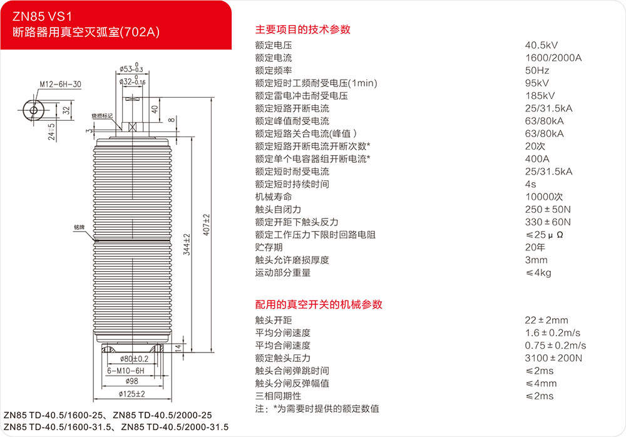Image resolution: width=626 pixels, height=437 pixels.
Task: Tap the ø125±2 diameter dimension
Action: [132, 394]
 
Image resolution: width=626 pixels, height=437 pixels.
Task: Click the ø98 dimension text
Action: [131, 381]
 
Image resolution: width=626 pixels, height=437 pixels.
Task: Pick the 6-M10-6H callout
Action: [126, 370]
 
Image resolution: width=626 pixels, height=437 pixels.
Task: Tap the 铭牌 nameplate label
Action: [79, 229]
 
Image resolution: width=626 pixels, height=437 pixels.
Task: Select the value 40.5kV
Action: [541, 45]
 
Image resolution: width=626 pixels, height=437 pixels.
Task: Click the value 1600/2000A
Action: [553, 58]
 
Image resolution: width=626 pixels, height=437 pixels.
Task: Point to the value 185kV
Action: [540, 96]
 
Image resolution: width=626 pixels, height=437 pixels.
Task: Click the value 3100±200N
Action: [553, 358]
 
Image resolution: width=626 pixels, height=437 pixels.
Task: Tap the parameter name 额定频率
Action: [274, 71]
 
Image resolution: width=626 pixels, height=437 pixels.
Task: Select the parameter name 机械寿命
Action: [274, 197]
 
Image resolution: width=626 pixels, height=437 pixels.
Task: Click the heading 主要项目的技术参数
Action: [302, 29]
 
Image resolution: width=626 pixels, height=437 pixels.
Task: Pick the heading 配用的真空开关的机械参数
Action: [319, 304]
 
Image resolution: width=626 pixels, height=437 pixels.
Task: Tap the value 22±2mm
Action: [546, 320]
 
